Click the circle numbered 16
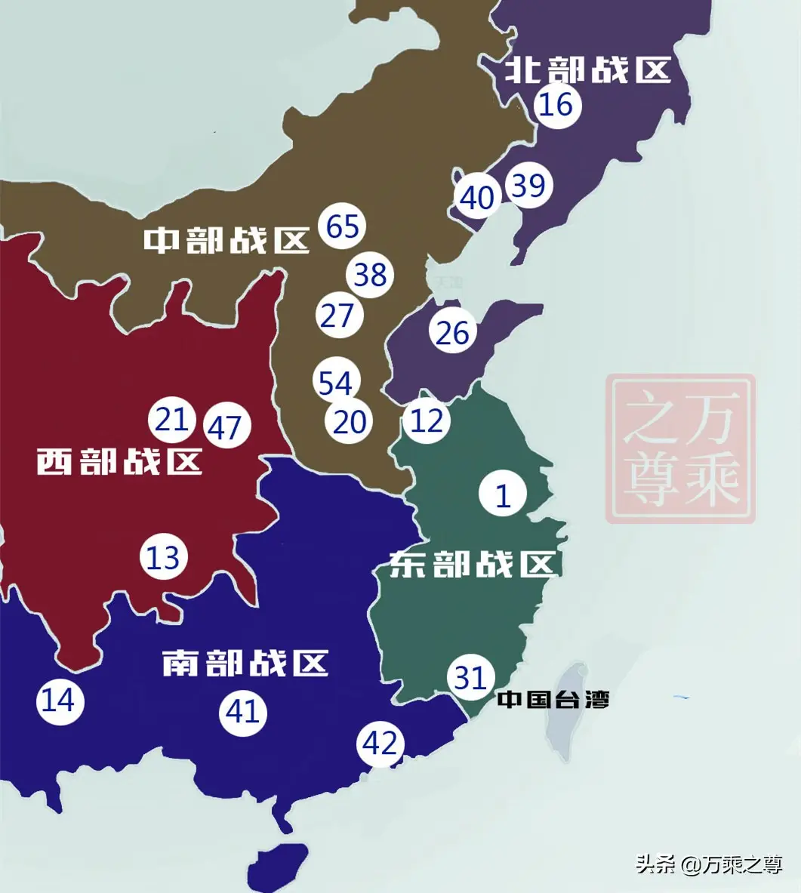[557, 104]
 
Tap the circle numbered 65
[342, 226]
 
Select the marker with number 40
[476, 198]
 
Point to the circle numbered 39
[528, 185]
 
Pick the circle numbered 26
[452, 332]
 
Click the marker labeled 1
[503, 495]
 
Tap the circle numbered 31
[470, 677]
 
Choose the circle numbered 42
[380, 744]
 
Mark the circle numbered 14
[60, 701]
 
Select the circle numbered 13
[163, 558]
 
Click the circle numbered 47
[225, 427]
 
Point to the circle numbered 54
[336, 383]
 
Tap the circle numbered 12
[427, 420]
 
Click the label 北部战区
[588, 70]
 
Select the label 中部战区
[226, 240]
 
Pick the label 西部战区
[119, 460]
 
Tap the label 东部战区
[473, 564]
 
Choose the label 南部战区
[245, 663]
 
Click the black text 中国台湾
[553, 700]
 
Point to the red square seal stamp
[680, 449]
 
